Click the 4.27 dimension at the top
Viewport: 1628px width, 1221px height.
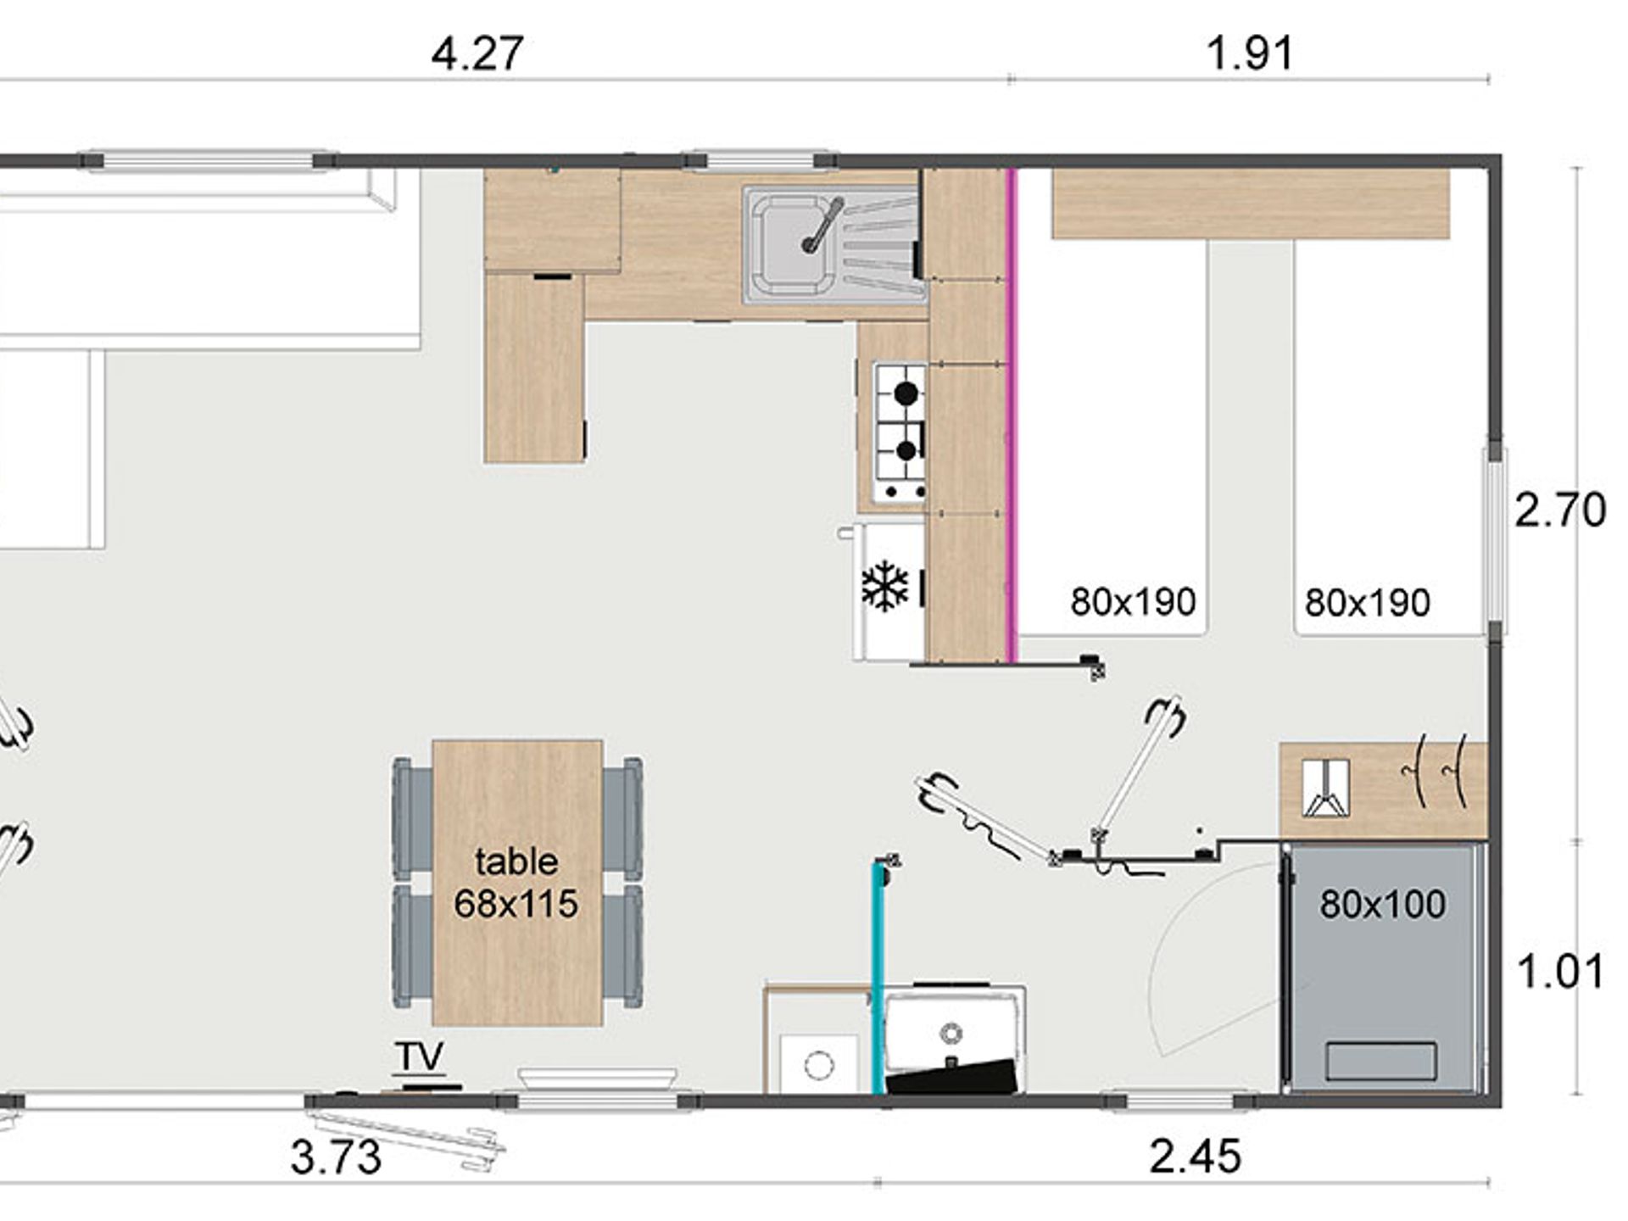(477, 54)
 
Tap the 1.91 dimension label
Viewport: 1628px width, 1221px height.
(1250, 54)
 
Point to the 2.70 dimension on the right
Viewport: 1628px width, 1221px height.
(1560, 510)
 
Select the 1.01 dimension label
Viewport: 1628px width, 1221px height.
(1560, 972)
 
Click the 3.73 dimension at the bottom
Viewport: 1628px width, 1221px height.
(336, 1157)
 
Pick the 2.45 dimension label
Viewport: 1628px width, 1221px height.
(1196, 1157)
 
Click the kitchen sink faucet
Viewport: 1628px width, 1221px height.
(821, 226)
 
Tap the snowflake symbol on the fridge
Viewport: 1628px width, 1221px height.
(884, 585)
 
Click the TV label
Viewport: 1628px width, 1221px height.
(419, 1057)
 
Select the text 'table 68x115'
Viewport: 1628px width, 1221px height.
(516, 883)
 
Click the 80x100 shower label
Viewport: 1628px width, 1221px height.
(1382, 905)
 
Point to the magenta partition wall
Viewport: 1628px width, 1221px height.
(1011, 415)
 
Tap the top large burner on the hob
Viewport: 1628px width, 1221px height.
(906, 393)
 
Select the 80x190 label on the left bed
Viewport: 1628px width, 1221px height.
(1133, 602)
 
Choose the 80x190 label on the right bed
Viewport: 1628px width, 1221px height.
(1367, 603)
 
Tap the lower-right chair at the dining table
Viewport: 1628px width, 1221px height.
(622, 946)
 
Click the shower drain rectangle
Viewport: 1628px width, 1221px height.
(1381, 1061)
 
